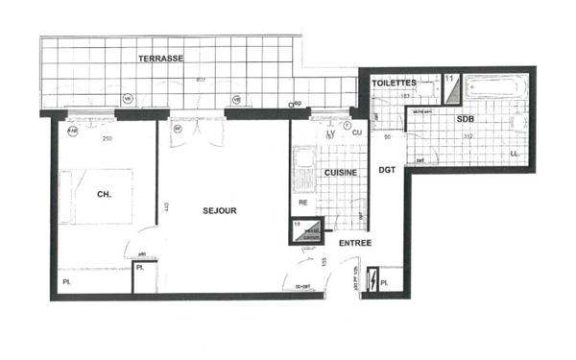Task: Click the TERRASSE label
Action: click(160, 59)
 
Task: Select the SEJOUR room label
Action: click(220, 210)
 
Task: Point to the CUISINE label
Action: click(340, 173)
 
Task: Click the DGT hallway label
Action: click(387, 171)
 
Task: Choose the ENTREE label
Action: click(355, 244)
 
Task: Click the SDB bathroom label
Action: click(465, 119)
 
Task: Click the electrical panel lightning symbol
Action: click(372, 281)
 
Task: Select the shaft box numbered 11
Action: click(450, 84)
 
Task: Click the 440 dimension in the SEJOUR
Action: click(166, 208)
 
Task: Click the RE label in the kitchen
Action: click(302, 204)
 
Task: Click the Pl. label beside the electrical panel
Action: click(384, 284)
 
